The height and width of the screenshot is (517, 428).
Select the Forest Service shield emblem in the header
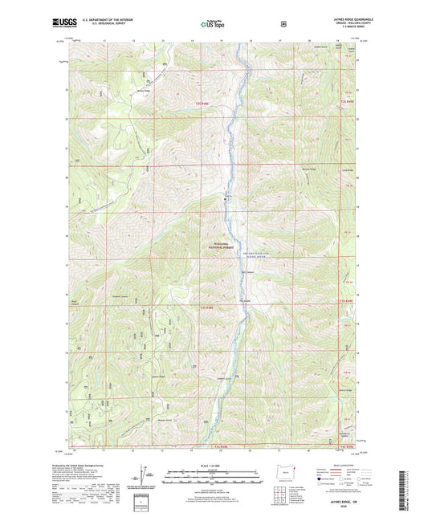(x=283, y=24)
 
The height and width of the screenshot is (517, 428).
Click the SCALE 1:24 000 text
(x=214, y=466)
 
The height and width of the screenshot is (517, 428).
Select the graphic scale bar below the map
(x=214, y=475)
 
